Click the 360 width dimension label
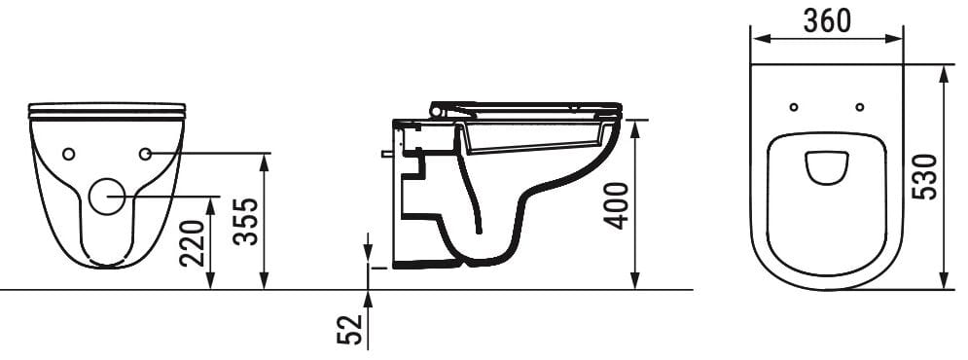click(827, 21)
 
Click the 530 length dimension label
click(925, 177)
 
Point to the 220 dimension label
click(192, 242)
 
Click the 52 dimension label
click(349, 329)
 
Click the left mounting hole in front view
click(68, 154)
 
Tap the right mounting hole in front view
click(145, 154)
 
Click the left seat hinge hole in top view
click(794, 107)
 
